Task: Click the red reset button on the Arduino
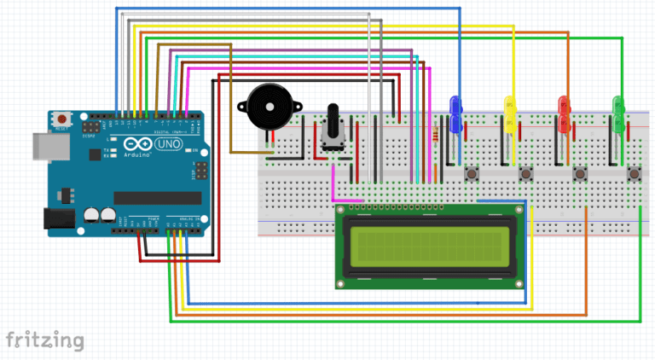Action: pos(61,119)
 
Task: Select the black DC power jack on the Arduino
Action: pos(55,219)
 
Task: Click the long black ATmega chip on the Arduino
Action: pos(157,198)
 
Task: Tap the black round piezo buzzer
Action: pos(264,107)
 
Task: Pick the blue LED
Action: pos(456,113)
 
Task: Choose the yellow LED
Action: pos(510,112)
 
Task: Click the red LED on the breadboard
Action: pos(564,112)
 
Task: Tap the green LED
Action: pos(618,112)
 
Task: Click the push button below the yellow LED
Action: pos(526,174)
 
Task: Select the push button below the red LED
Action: pos(580,174)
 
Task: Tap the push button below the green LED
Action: pos(634,174)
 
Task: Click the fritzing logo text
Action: pos(44,340)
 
